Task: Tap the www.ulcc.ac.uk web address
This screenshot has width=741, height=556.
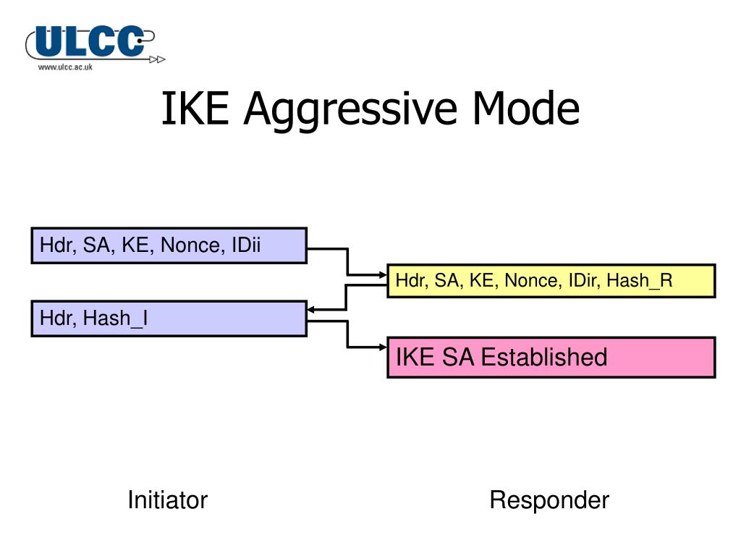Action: click(x=65, y=67)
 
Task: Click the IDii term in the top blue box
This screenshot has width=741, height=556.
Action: click(x=245, y=245)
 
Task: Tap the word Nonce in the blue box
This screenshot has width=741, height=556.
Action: click(x=191, y=245)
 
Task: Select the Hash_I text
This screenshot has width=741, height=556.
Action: click(x=116, y=318)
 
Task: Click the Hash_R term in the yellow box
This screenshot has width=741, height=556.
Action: click(x=640, y=281)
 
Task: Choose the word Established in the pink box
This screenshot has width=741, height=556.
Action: click(x=544, y=357)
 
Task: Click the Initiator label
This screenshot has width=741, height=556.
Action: click(x=167, y=500)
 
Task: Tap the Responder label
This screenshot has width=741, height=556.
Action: click(x=549, y=500)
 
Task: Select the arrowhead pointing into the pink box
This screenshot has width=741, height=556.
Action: click(x=383, y=347)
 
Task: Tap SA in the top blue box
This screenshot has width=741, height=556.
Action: click(x=96, y=245)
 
